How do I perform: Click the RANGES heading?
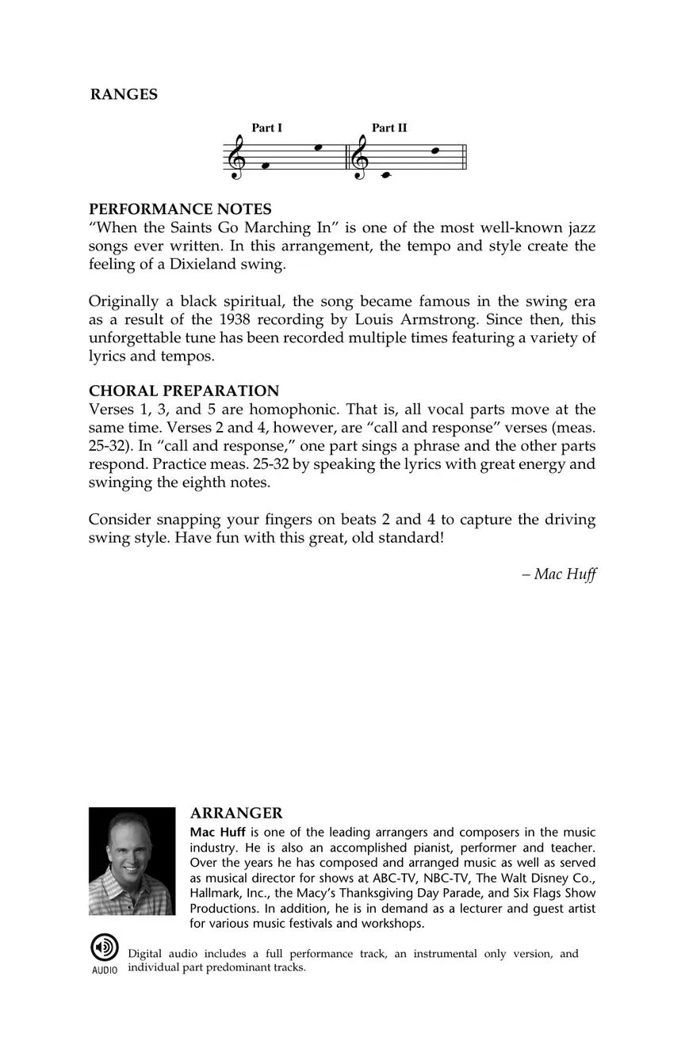[x=124, y=94]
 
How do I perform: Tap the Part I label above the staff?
[x=267, y=128]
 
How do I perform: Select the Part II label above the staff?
[x=389, y=128]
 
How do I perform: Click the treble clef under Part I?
[x=235, y=156]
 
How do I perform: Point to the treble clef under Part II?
[x=360, y=156]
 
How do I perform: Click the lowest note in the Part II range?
[x=386, y=175]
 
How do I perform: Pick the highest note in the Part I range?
[x=318, y=147]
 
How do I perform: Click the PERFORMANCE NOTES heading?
[x=180, y=209]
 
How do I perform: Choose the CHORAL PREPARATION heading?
[x=184, y=391]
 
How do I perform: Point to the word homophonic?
[x=293, y=410]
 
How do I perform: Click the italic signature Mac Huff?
[x=564, y=574]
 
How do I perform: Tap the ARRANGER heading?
[x=236, y=814]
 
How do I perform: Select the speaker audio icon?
[x=104, y=948]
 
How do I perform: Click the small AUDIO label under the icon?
[x=104, y=971]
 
